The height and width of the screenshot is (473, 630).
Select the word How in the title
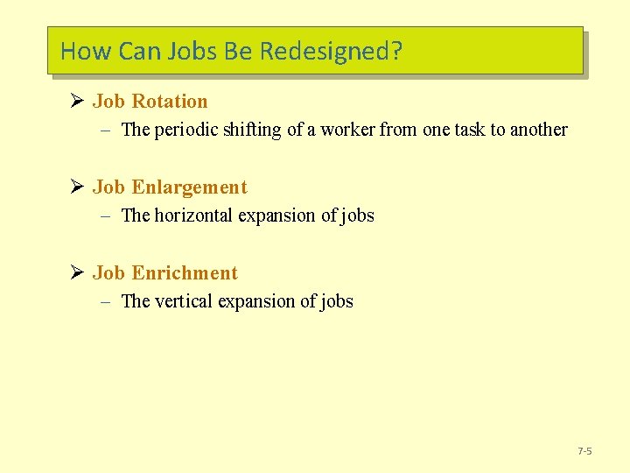pos(86,51)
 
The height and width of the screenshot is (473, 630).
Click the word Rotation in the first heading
pos(170,102)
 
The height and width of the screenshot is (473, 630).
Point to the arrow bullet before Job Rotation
pos(75,102)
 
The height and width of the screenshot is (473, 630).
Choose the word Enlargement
pos(189,187)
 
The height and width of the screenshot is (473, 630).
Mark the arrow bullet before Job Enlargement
pos(75,187)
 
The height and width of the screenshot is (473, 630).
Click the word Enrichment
pos(185,273)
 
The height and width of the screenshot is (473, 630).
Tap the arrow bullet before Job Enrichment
pos(75,273)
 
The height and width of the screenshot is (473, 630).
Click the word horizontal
pos(194,215)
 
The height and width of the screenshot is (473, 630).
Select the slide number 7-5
pos(584,451)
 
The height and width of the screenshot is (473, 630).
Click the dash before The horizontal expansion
pos(104,216)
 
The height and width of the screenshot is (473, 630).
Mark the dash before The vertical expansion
pos(104,302)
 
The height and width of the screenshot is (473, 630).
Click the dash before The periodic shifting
pos(104,131)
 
